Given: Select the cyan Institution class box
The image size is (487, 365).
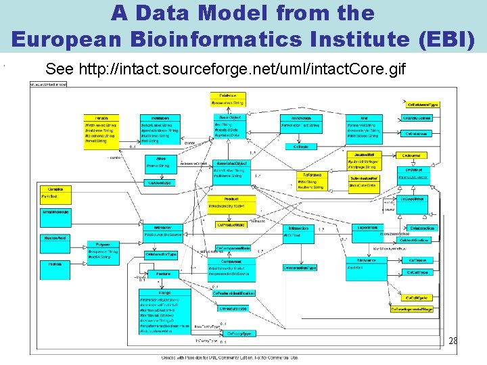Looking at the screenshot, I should point(160,128).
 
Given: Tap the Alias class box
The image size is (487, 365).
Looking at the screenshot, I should point(160,163).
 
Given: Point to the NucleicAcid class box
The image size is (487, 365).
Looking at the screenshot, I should point(55,238).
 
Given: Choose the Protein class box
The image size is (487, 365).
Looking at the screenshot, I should point(55,265).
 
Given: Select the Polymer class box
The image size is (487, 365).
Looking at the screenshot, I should point(103,247).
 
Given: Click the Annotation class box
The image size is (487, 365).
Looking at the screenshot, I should point(301,125).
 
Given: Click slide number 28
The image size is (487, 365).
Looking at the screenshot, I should point(453,341).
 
